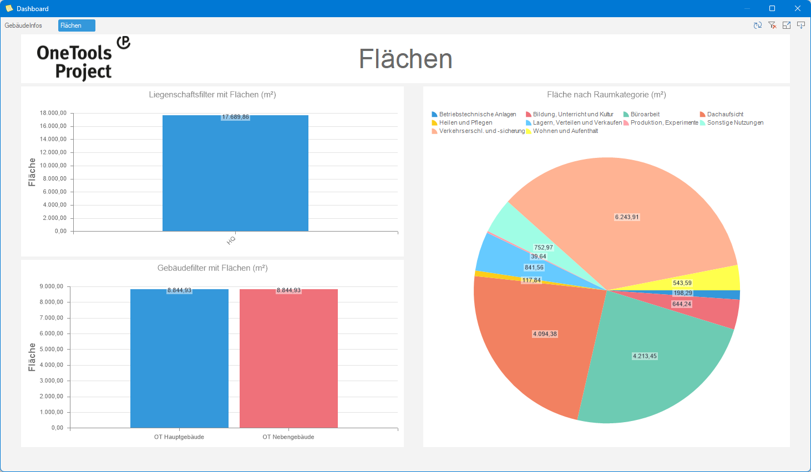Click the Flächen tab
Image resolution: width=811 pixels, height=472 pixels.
(x=76, y=25)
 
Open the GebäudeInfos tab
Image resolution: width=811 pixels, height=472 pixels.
(x=23, y=25)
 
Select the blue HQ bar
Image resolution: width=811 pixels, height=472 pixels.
(x=235, y=177)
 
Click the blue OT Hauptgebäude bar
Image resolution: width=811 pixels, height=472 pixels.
(x=179, y=360)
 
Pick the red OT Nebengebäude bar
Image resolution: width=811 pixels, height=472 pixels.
(x=288, y=360)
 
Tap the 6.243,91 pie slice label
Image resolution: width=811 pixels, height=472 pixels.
(x=627, y=217)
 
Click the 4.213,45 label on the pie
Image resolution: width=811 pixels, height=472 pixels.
(x=645, y=356)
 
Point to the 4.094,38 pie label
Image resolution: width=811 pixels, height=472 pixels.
(x=545, y=334)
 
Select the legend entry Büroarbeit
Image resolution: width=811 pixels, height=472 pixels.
(x=645, y=114)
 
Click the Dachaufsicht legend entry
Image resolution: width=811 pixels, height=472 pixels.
(x=724, y=114)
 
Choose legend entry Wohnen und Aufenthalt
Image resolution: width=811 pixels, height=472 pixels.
(x=565, y=131)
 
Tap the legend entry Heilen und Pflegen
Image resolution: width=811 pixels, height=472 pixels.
(x=465, y=123)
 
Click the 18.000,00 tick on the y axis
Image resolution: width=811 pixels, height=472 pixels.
(x=53, y=113)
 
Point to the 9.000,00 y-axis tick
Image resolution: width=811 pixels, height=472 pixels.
(x=52, y=286)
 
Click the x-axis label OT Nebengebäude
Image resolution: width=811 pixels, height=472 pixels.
(x=288, y=437)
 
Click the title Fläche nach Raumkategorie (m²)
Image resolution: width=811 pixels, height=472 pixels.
(x=606, y=95)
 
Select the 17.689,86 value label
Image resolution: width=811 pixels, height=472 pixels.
(x=235, y=117)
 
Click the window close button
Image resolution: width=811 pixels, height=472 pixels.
(x=798, y=8)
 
